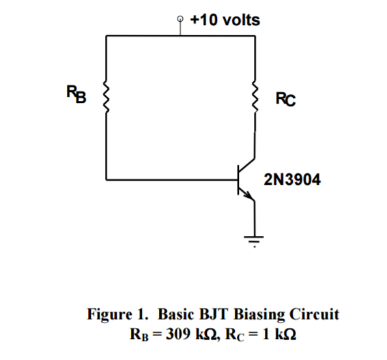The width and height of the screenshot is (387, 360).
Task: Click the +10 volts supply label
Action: [225, 20]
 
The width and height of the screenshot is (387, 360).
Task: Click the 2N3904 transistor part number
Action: [290, 180]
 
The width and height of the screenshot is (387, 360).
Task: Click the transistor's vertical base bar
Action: [237, 181]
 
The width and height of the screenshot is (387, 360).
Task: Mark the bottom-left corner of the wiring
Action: [106, 181]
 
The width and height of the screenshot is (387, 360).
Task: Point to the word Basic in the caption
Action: [177, 314]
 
